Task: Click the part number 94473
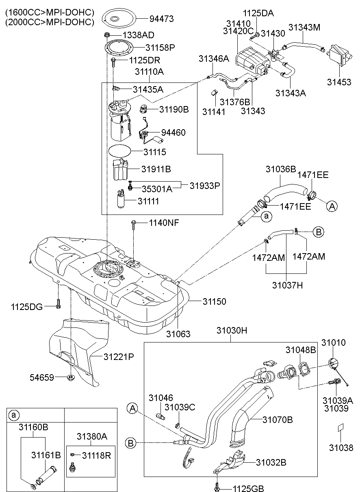[x=161, y=18]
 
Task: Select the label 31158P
[x=160, y=48]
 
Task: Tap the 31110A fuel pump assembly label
[x=149, y=72]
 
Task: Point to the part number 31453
[x=339, y=82]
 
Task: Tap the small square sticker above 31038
[x=340, y=429]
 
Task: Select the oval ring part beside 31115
[x=119, y=152]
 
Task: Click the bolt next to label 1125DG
[x=58, y=303]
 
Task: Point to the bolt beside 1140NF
[x=133, y=224]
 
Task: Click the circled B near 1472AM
[x=319, y=232]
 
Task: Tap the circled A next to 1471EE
[x=332, y=206]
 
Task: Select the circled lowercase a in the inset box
[x=14, y=415]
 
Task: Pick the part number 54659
[x=41, y=377]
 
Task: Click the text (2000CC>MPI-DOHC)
[x=50, y=22]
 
